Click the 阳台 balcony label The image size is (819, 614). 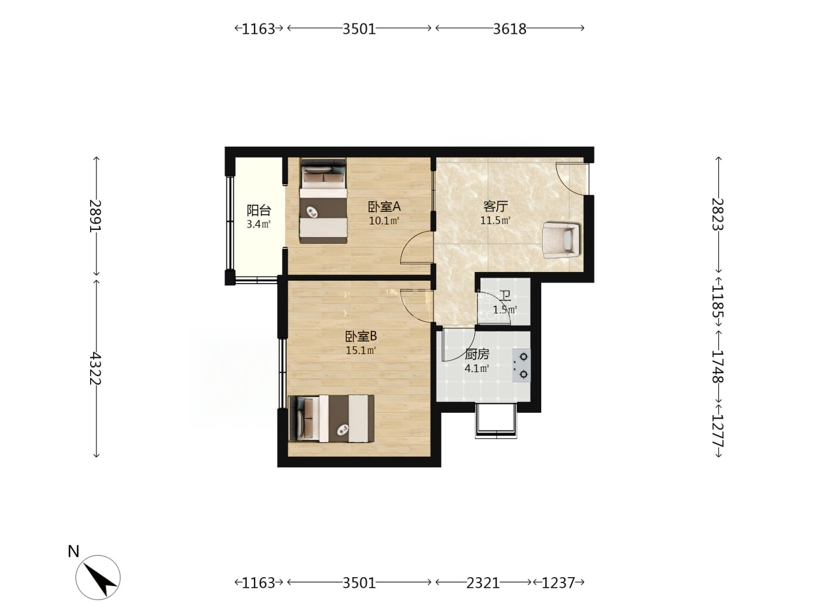click(x=259, y=211)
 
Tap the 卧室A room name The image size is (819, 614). click(x=384, y=206)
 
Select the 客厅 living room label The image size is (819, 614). click(x=495, y=206)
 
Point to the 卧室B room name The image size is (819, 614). click(x=361, y=337)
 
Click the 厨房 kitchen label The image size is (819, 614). click(x=477, y=354)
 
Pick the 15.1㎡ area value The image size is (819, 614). click(x=361, y=350)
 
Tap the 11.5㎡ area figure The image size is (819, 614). click(x=495, y=220)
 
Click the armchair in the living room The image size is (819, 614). click(x=561, y=240)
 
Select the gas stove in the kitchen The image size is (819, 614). click(x=522, y=365)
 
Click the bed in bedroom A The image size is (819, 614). click(x=324, y=201)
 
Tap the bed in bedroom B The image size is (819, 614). click(x=332, y=419)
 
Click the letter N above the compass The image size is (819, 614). click(x=74, y=551)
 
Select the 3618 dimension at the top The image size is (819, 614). click(x=510, y=29)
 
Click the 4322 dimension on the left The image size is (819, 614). click(x=96, y=368)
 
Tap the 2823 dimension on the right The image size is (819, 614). click(x=718, y=215)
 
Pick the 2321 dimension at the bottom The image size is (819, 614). click(x=483, y=582)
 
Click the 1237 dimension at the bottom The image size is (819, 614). click(x=558, y=582)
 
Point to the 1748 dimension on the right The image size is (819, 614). click(x=718, y=367)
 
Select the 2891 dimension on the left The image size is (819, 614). click(x=96, y=216)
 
